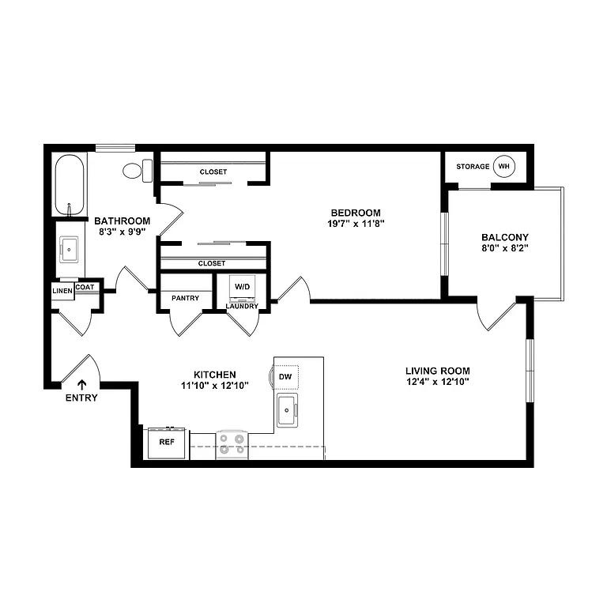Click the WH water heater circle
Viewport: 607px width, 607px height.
pos(503,167)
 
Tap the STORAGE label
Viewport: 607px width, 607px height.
pos(473,167)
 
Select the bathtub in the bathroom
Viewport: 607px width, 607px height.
pos(70,185)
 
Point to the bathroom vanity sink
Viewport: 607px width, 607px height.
pos(70,249)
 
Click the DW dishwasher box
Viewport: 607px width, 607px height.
pos(286,377)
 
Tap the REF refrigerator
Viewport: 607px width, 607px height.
pos(167,443)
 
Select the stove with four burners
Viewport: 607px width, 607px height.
pos(232,444)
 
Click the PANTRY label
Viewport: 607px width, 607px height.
pos(185,298)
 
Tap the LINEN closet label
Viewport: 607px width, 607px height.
pos(62,291)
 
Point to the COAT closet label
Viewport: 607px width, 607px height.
pos(85,287)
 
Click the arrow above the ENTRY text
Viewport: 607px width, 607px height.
pos(81,385)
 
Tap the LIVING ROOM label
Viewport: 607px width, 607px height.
pos(438,371)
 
